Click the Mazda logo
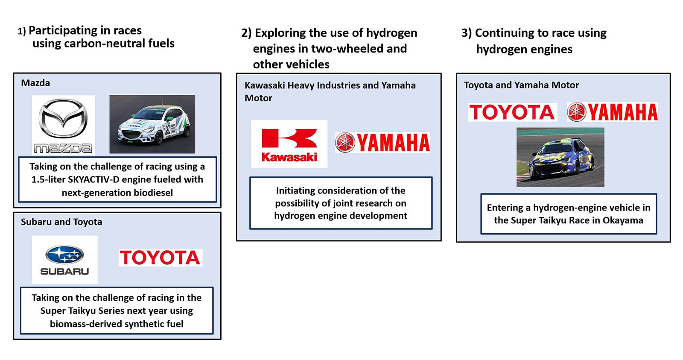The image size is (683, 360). [63, 124]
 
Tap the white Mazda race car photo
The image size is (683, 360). [152, 124]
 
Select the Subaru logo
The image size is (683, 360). [64, 260]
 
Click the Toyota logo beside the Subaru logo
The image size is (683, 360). [160, 258]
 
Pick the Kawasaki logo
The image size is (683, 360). [289, 144]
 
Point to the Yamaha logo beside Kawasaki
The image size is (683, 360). [382, 143]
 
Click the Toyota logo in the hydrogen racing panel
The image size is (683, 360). [512, 112]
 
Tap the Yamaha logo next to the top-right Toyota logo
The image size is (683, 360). [612, 112]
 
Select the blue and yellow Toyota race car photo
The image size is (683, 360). [560, 157]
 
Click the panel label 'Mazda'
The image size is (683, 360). [35, 83]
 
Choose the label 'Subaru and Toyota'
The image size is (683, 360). [61, 222]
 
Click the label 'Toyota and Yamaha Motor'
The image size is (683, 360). [521, 85]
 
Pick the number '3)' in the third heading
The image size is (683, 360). [467, 33]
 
